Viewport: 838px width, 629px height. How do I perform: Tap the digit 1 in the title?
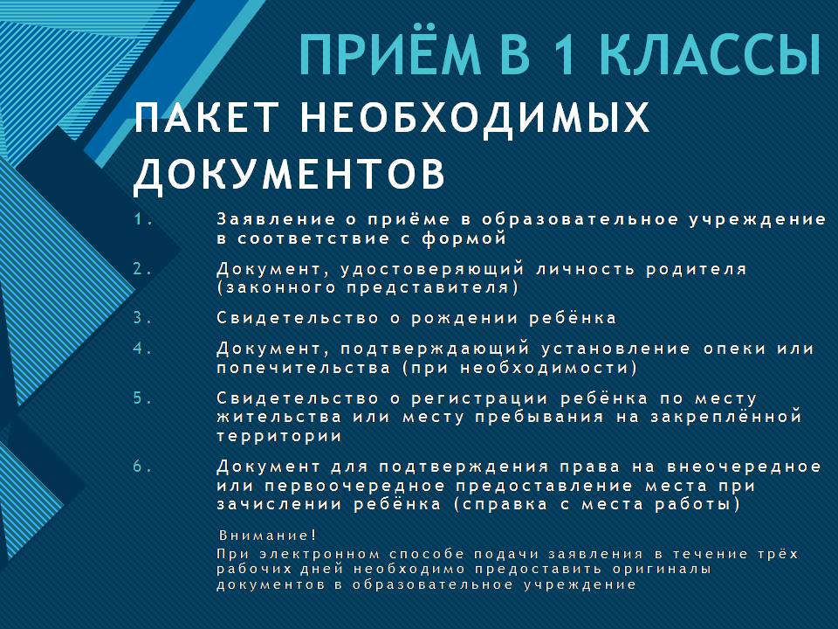(565, 55)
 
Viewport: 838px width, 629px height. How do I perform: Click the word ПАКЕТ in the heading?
(207, 117)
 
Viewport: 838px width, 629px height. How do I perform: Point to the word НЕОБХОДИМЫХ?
(475, 117)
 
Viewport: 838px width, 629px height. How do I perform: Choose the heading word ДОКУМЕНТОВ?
(289, 174)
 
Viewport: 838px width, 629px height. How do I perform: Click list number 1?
(143, 219)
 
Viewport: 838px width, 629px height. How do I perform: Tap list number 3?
(142, 318)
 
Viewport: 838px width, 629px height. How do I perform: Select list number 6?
(142, 467)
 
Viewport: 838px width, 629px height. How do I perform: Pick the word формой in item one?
(464, 238)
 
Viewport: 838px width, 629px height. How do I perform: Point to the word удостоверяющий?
(432, 269)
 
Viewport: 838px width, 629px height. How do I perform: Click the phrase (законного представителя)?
(367, 287)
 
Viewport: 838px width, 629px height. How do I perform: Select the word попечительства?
(304, 368)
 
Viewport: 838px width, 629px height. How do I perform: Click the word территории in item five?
(279, 436)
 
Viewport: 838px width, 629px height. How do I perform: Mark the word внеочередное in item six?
(745, 467)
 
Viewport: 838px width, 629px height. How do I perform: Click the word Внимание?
(268, 536)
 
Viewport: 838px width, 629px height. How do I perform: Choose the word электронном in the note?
(319, 554)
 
